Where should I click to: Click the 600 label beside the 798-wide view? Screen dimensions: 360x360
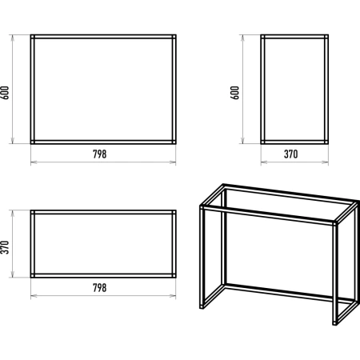(x=5, y=93)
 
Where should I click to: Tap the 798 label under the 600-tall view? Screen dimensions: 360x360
(x=99, y=154)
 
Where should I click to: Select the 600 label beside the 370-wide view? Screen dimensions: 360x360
(x=234, y=93)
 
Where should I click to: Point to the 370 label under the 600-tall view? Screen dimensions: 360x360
(x=290, y=154)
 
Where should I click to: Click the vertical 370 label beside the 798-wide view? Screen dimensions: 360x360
(x=5, y=247)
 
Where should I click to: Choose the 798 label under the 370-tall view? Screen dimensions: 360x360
(x=99, y=288)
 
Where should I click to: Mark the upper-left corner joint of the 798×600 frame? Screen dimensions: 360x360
(x=33, y=37)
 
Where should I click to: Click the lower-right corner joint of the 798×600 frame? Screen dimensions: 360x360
(x=174, y=142)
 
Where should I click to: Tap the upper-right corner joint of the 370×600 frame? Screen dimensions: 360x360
(x=326, y=37)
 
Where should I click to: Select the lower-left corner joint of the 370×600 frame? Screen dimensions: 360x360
(x=262, y=142)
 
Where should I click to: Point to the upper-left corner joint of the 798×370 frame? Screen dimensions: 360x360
(x=33, y=212)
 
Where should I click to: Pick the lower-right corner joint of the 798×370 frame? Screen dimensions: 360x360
(x=174, y=275)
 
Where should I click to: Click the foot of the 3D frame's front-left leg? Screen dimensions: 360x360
(x=202, y=307)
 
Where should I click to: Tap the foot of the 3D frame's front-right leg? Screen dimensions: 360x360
(x=335, y=323)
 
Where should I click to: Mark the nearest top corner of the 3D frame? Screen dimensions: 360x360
(x=335, y=222)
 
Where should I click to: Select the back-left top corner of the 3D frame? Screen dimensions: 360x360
(x=223, y=186)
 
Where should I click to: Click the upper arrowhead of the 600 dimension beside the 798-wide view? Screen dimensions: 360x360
(x=12, y=38)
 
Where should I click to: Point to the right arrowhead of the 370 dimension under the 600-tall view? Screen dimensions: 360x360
(x=326, y=162)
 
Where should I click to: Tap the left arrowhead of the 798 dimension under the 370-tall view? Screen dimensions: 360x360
(x=34, y=295)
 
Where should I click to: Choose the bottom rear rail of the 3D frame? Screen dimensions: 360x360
(x=290, y=293)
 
